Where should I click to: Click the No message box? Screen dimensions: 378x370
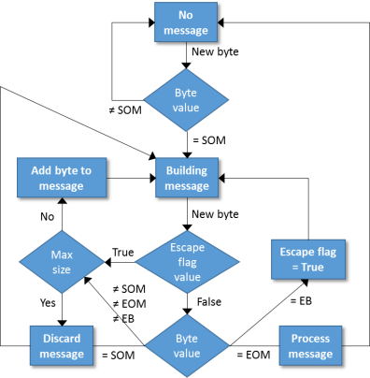pyautogui.click(x=187, y=22)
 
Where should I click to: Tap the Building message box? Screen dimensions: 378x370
pyautogui.click(x=187, y=178)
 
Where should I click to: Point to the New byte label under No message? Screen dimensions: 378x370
pyautogui.click(x=215, y=52)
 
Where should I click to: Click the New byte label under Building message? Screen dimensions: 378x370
pyautogui.click(x=214, y=214)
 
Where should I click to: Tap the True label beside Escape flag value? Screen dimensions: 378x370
pyautogui.click(x=122, y=252)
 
